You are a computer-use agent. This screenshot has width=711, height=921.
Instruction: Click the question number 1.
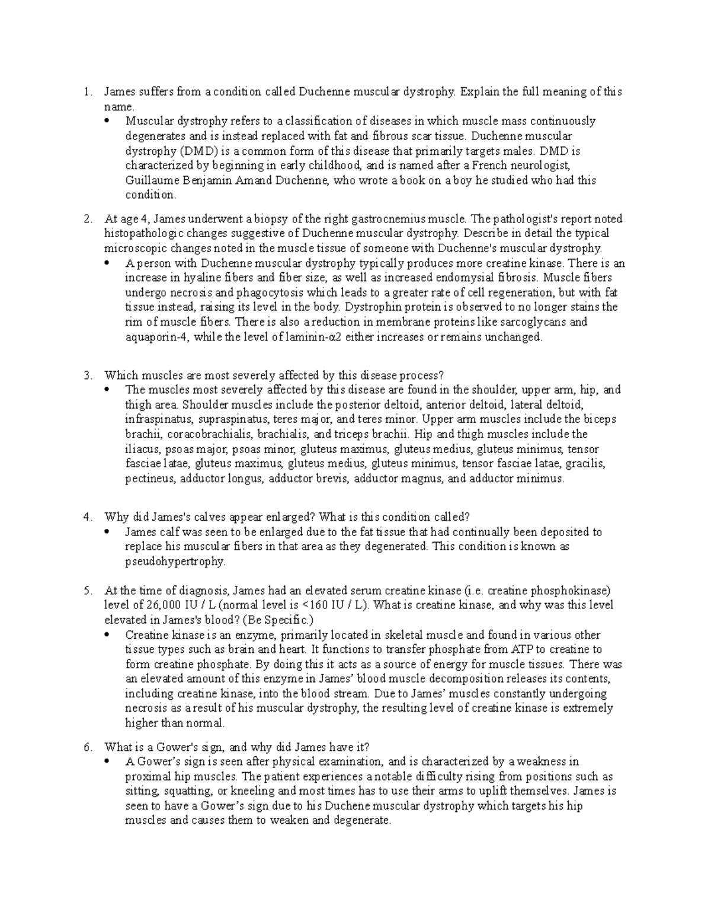[x=87, y=92]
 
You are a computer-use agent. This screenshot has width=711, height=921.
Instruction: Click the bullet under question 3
[x=107, y=390]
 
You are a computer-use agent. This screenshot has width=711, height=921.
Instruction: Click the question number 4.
[x=87, y=517]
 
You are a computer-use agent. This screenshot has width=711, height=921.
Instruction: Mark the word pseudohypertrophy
[x=175, y=561]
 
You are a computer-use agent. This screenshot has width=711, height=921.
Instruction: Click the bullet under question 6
[x=107, y=762]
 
